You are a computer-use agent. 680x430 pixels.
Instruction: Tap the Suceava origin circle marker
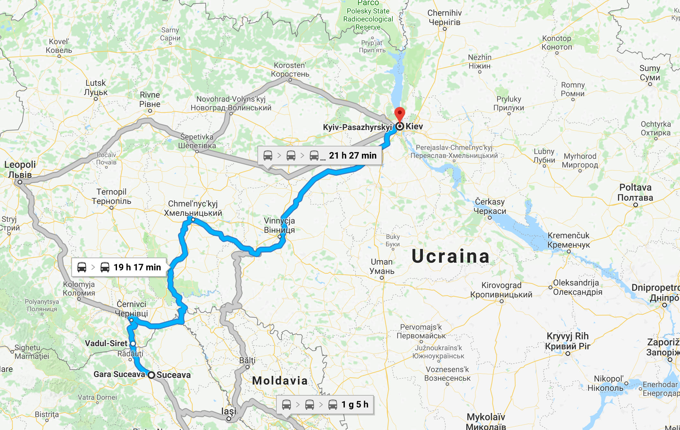tap(151, 375)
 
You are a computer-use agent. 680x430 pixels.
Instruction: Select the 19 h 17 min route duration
tap(137, 267)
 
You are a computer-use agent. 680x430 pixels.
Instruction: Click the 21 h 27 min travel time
tap(353, 155)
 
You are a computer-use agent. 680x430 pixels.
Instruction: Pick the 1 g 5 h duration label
tap(355, 404)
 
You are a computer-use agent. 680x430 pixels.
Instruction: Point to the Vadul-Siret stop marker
tap(133, 344)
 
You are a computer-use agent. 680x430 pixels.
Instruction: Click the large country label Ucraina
tap(451, 256)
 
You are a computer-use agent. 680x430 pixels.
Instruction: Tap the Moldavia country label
tap(280, 381)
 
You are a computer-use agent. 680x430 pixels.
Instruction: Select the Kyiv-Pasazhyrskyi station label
tap(357, 127)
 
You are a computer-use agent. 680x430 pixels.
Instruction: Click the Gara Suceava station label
tap(119, 374)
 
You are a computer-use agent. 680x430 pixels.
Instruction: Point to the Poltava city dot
tap(635, 205)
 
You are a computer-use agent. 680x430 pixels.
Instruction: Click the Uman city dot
tap(382, 278)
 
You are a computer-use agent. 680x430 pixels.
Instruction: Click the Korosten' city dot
tap(290, 80)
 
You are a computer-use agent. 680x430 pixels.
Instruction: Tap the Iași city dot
tap(229, 418)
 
